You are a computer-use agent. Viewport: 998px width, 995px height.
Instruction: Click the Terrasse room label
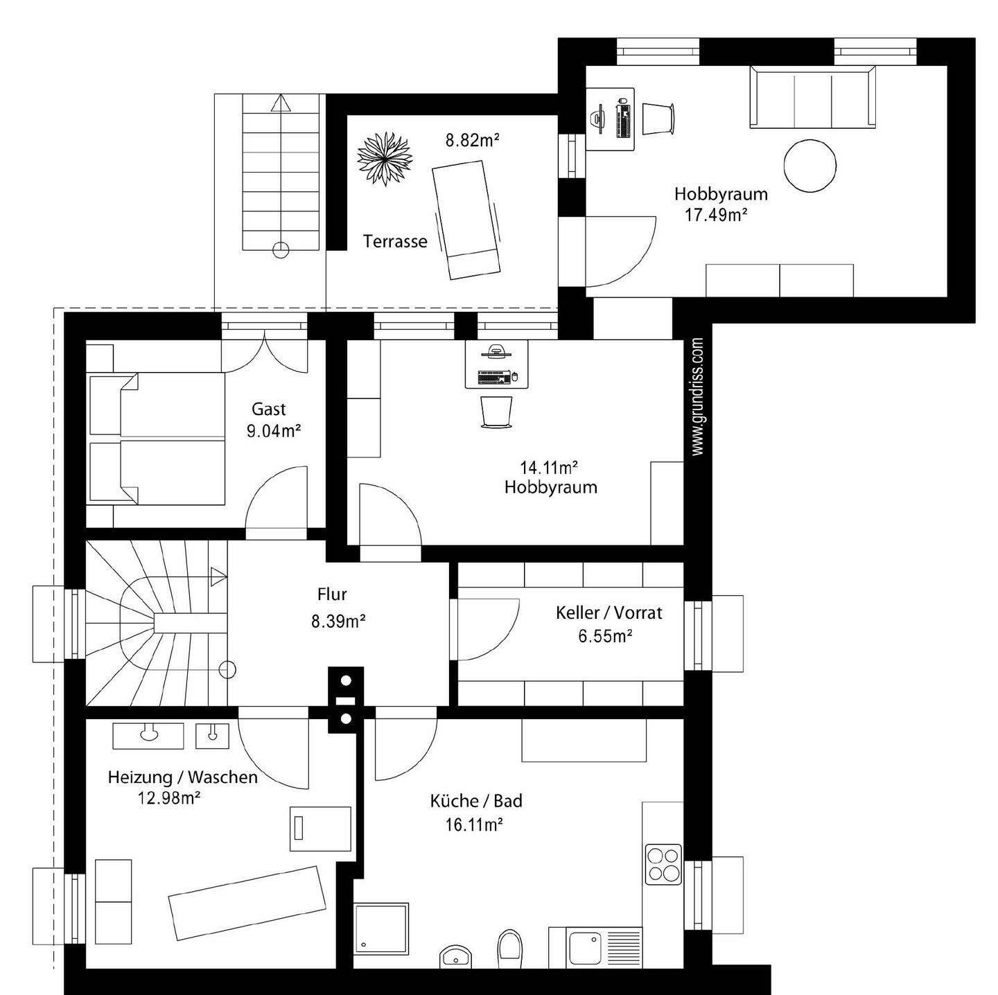pos(395,242)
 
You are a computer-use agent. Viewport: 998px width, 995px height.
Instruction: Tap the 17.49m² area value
pos(716,215)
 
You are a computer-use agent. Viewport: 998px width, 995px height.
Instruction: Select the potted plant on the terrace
pos(385,159)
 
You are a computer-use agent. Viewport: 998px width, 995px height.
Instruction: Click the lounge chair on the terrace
pos(466,218)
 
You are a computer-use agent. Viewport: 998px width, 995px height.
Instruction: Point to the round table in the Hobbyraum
pos(809,166)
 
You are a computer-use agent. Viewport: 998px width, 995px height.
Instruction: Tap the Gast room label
pos(269,409)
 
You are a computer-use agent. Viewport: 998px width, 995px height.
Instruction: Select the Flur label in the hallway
pos(332,594)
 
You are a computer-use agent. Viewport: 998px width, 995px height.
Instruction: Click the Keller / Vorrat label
pos(609,613)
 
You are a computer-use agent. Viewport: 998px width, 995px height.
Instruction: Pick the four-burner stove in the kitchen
pos(663,865)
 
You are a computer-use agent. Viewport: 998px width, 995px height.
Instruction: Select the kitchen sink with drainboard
pos(595,947)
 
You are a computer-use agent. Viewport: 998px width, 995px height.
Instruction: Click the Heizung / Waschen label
pos(182,777)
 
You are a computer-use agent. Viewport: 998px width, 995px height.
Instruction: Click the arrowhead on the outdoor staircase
pos(281,104)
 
